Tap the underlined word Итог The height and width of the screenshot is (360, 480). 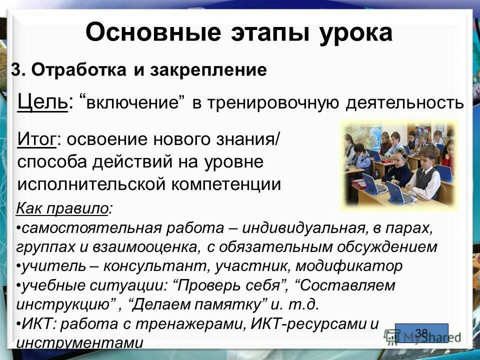[36, 138]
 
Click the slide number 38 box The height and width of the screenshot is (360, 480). [421, 333]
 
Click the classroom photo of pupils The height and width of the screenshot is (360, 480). [398, 164]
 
